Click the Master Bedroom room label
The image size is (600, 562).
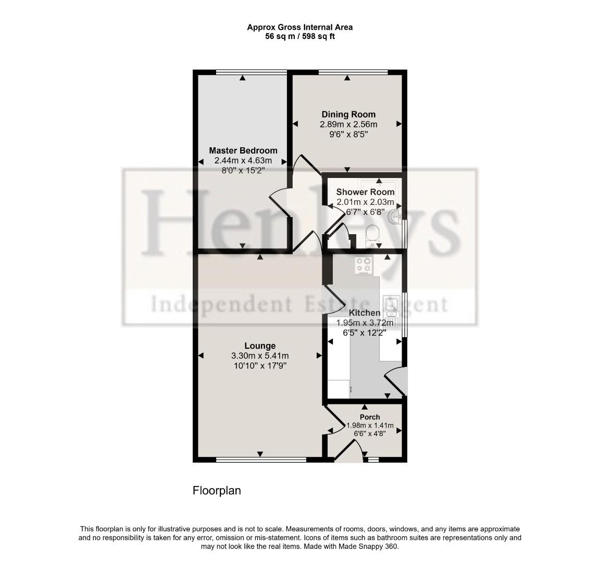pyautogui.click(x=243, y=150)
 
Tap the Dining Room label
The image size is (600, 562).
pyautogui.click(x=348, y=114)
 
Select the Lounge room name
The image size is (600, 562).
pyautogui.click(x=260, y=346)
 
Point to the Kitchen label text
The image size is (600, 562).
pyautogui.click(x=364, y=313)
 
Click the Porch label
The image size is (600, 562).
pyautogui.click(x=370, y=417)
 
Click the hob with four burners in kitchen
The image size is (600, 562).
pyautogui.click(x=363, y=265)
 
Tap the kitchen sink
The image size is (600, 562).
pyautogui.click(x=391, y=307)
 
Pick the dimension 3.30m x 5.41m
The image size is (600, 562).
pyautogui.click(x=260, y=356)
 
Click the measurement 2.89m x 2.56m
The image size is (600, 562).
pyautogui.click(x=348, y=124)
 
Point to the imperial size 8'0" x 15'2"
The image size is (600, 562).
pyautogui.click(x=243, y=170)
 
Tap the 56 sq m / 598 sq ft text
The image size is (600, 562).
pyautogui.click(x=299, y=36)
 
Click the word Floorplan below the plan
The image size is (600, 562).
pyautogui.click(x=217, y=490)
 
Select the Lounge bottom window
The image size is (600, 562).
pyautogui.click(x=261, y=459)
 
